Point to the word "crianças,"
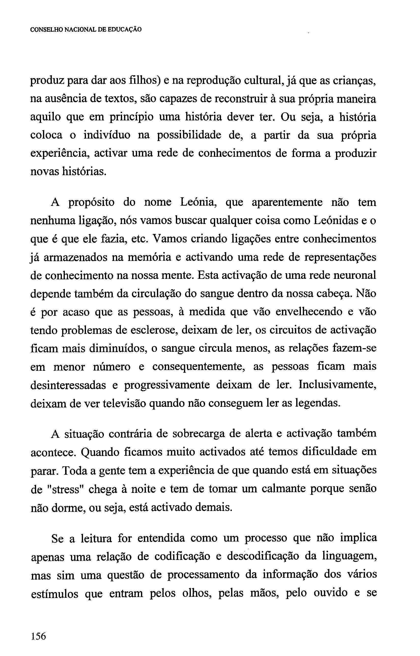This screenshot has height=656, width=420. point(354,81)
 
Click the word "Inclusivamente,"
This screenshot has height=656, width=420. point(338,385)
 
